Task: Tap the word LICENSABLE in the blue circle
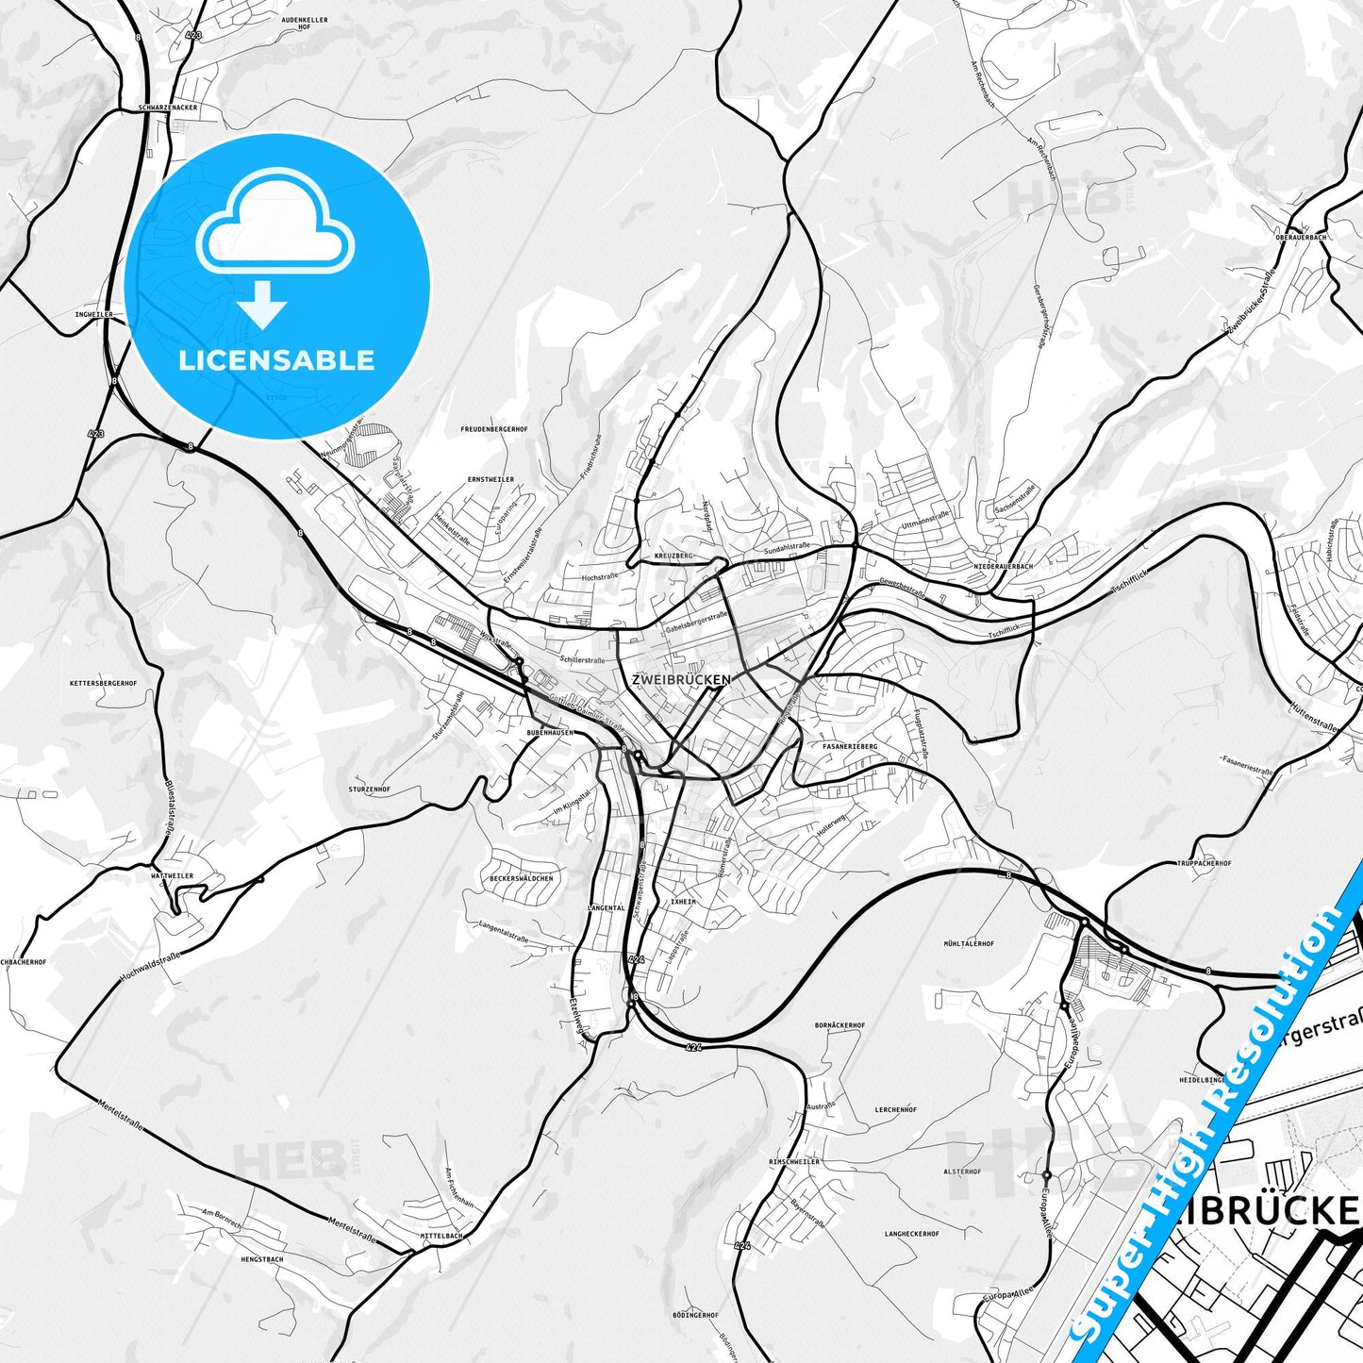click(x=276, y=360)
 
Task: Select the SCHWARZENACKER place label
click(x=168, y=108)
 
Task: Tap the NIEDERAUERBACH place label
click(x=1004, y=567)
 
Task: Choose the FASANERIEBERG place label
click(x=850, y=746)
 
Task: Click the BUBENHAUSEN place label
click(x=550, y=732)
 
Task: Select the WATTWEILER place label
click(x=172, y=876)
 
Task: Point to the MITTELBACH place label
click(x=441, y=1236)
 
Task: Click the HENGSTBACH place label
click(x=262, y=1259)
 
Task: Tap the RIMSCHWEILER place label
click(x=794, y=1162)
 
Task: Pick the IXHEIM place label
click(x=682, y=902)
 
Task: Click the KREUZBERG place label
click(x=673, y=557)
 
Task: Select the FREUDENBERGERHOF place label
click(x=493, y=429)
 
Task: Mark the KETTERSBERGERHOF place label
click(x=104, y=683)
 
